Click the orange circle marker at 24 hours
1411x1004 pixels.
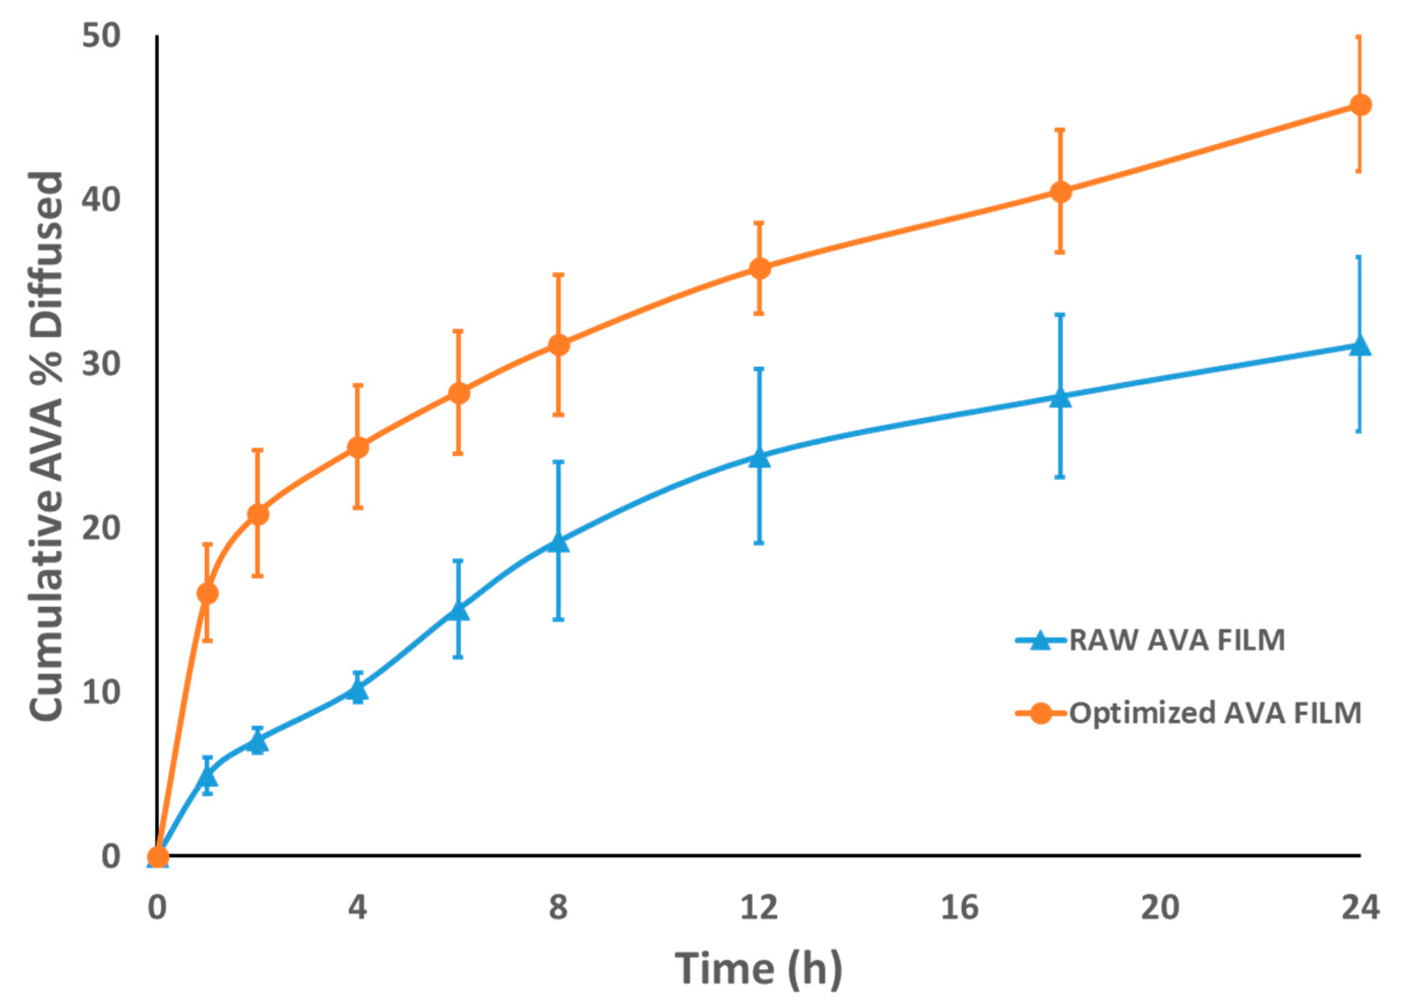[x=1360, y=105]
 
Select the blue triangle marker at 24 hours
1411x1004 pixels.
[x=1360, y=346]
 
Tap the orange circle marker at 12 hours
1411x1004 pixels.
[x=759, y=268]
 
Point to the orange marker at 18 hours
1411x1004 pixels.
[x=1060, y=192]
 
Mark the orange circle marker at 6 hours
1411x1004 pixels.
[x=458, y=393]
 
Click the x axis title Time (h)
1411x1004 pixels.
[x=759, y=968]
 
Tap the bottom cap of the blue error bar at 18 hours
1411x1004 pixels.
[x=1060, y=477]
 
